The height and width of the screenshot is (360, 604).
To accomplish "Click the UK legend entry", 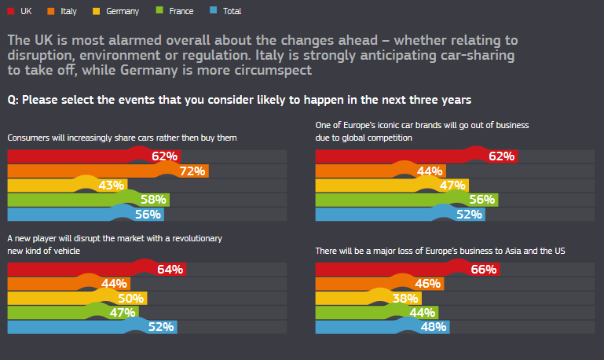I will pos(24,12).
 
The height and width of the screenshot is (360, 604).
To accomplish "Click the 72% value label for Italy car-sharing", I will pos(192,171).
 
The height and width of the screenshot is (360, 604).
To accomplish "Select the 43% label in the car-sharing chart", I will pos(111,186).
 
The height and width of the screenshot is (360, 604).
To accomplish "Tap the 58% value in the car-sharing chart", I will pos(152,200).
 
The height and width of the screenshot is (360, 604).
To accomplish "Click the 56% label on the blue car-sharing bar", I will pos(147,214).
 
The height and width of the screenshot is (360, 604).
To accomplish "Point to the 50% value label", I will pos(130,299).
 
